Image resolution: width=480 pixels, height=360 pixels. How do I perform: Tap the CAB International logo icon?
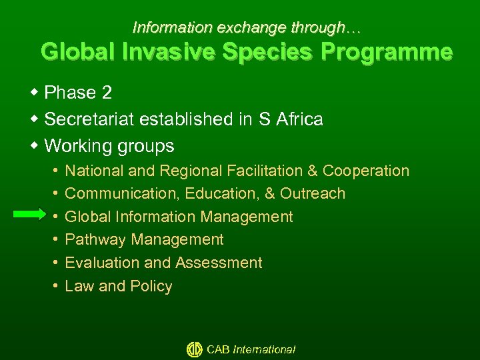pos(194,349)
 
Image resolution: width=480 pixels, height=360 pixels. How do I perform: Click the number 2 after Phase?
pos(107,93)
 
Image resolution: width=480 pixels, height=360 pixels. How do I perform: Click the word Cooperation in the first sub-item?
pos(366,171)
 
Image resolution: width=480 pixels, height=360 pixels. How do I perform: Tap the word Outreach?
pos(313,194)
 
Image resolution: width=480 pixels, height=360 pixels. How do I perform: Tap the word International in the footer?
pos(264,349)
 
